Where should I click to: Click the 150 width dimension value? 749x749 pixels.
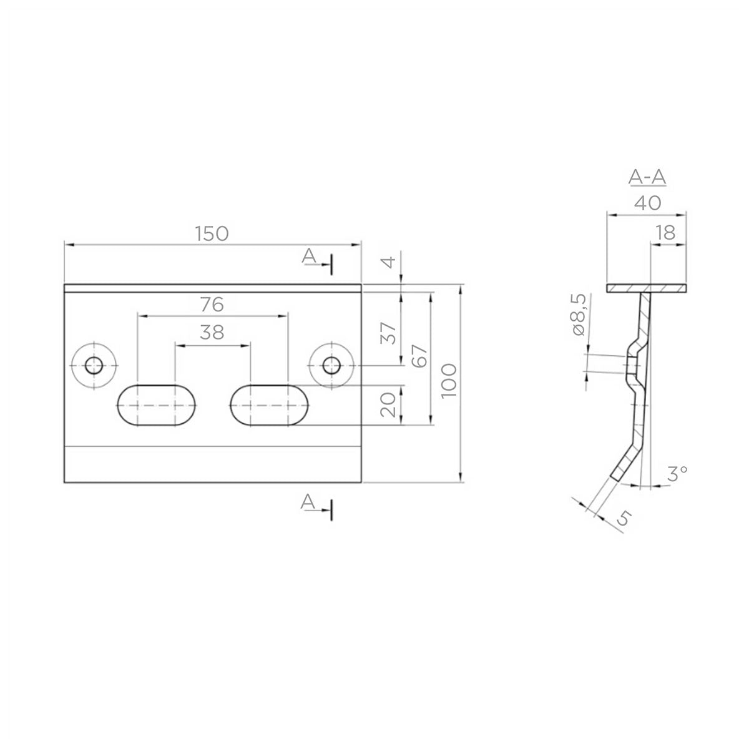pyautogui.click(x=212, y=233)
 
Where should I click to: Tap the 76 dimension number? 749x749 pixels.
pyautogui.click(x=212, y=305)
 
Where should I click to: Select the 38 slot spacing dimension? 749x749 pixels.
pyautogui.click(x=212, y=332)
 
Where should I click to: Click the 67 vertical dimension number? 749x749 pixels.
pyautogui.click(x=420, y=356)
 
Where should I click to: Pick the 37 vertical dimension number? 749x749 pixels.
pyautogui.click(x=388, y=333)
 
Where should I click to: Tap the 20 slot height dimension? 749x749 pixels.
pyautogui.click(x=388, y=405)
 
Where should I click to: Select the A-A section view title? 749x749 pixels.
pyautogui.click(x=647, y=178)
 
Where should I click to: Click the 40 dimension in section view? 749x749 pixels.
pyautogui.click(x=647, y=203)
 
